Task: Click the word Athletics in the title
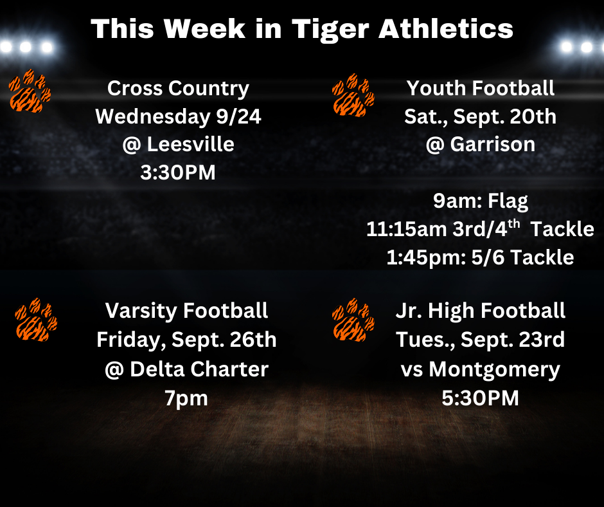point(446,28)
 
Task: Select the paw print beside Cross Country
point(30,91)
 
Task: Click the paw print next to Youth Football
point(353,95)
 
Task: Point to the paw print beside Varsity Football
point(36,320)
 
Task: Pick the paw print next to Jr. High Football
point(353,320)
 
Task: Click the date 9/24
point(239,116)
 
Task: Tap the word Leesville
point(191,145)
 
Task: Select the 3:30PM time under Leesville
point(178,172)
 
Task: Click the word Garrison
point(493,145)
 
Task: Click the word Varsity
point(141,311)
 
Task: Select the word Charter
point(230,369)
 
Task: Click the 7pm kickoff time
point(186,398)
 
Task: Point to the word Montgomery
point(495,370)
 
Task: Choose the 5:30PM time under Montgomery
point(481,398)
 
